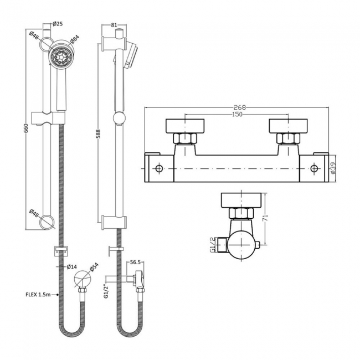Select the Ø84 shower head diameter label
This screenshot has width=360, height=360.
[x=75, y=40]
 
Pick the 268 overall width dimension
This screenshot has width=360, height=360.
[x=240, y=107]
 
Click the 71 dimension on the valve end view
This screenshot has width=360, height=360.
[x=265, y=218]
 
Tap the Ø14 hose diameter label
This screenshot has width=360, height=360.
[x=71, y=267]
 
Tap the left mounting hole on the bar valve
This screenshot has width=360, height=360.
[x=159, y=168]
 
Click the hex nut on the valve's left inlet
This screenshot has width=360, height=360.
[x=183, y=139]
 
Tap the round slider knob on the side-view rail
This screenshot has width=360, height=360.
[x=117, y=117]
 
